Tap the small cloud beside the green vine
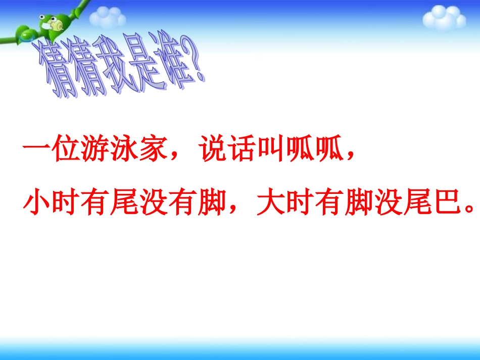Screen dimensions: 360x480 (x=107, y=18)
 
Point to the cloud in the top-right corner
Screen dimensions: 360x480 (x=444, y=18)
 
